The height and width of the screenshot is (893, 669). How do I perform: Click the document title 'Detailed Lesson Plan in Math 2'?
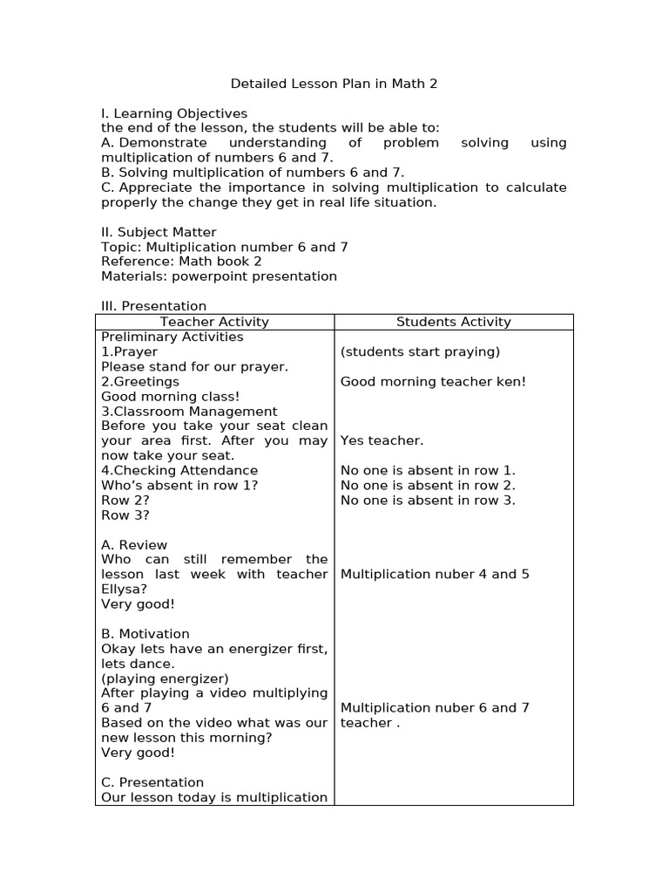[334, 84]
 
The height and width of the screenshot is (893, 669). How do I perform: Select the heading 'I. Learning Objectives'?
[174, 113]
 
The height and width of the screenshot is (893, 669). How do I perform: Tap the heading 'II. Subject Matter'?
[159, 232]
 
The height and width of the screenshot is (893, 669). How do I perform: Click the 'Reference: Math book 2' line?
[181, 262]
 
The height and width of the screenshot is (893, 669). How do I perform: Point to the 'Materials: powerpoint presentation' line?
[219, 276]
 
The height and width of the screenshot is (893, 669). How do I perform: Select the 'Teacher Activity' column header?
[214, 322]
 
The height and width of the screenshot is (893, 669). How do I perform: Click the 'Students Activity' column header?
[453, 322]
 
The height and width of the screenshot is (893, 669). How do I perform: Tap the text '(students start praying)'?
[420, 351]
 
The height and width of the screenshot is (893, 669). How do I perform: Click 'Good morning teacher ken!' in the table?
[433, 381]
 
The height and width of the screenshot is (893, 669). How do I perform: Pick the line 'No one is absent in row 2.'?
[428, 485]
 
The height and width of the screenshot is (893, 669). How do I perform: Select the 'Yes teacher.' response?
[382, 440]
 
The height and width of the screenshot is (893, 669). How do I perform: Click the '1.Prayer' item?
[130, 351]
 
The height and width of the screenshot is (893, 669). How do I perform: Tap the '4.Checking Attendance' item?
[179, 470]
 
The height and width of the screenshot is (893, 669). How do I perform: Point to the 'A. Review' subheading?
[134, 544]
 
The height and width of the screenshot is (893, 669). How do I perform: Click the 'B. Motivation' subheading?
[145, 633]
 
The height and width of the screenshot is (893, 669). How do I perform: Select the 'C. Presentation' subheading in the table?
[152, 782]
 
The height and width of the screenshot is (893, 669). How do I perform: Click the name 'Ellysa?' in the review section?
[125, 589]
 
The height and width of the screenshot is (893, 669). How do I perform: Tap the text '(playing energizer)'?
[165, 678]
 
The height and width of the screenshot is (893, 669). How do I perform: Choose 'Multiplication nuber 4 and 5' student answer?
[435, 574]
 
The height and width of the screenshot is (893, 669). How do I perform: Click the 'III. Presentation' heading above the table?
[154, 306]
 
